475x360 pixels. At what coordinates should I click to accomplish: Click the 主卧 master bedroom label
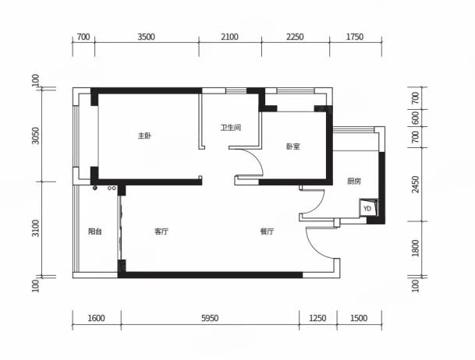tap(144, 136)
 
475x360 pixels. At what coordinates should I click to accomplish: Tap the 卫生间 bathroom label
tap(231, 128)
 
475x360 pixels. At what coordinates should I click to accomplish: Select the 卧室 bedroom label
tap(293, 146)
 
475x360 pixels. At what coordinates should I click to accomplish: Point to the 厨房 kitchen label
tap(354, 182)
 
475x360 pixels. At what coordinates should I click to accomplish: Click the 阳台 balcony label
tap(95, 231)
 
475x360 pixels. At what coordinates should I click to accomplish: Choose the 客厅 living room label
tap(161, 231)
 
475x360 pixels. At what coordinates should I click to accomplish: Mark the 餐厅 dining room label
tap(268, 231)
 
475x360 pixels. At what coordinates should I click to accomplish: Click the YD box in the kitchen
tap(368, 208)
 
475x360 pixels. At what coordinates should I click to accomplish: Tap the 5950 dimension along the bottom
tap(210, 318)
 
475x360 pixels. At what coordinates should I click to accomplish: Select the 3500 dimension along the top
tap(147, 37)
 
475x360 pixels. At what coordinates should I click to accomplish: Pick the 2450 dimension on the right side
tap(416, 184)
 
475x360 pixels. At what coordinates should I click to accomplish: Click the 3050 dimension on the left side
tap(36, 136)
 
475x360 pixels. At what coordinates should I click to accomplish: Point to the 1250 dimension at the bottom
tap(317, 318)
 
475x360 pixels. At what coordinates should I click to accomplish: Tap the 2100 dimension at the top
tap(229, 37)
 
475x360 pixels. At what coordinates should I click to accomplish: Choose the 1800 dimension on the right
tap(416, 248)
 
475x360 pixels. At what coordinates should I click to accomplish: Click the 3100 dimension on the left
tap(36, 228)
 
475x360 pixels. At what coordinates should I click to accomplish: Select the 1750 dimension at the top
tap(355, 37)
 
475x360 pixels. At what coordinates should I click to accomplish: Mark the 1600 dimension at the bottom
tap(97, 318)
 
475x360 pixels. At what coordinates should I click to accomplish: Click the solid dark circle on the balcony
tap(95, 188)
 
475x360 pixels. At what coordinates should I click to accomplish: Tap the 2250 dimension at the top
tap(295, 37)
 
